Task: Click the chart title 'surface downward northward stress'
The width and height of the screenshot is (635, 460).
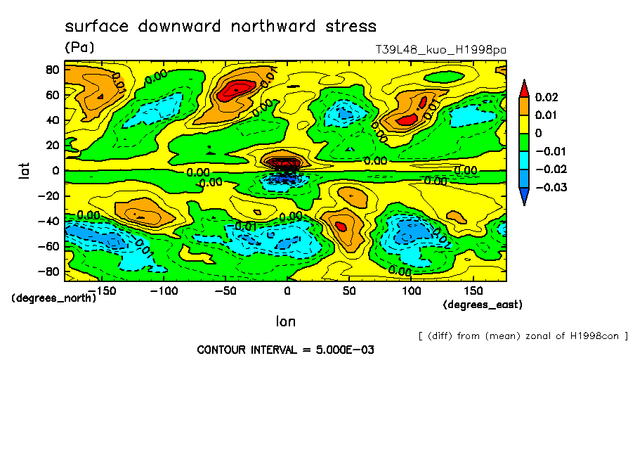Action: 221,27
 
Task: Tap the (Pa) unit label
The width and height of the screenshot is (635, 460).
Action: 79,48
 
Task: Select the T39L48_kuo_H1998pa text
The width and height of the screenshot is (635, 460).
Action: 441,51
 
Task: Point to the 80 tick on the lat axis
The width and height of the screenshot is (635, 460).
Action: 51,69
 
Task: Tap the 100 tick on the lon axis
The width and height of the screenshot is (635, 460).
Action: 412,290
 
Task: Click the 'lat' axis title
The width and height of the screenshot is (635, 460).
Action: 25,169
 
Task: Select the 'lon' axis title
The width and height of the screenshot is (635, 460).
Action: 285,321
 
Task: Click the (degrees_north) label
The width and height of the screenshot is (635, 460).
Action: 54,298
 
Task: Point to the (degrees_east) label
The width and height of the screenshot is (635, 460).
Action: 483,305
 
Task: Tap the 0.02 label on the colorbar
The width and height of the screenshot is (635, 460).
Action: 546,96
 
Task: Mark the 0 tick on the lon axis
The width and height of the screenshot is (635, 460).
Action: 287,290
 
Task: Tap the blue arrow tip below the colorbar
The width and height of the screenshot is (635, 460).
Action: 523,198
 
